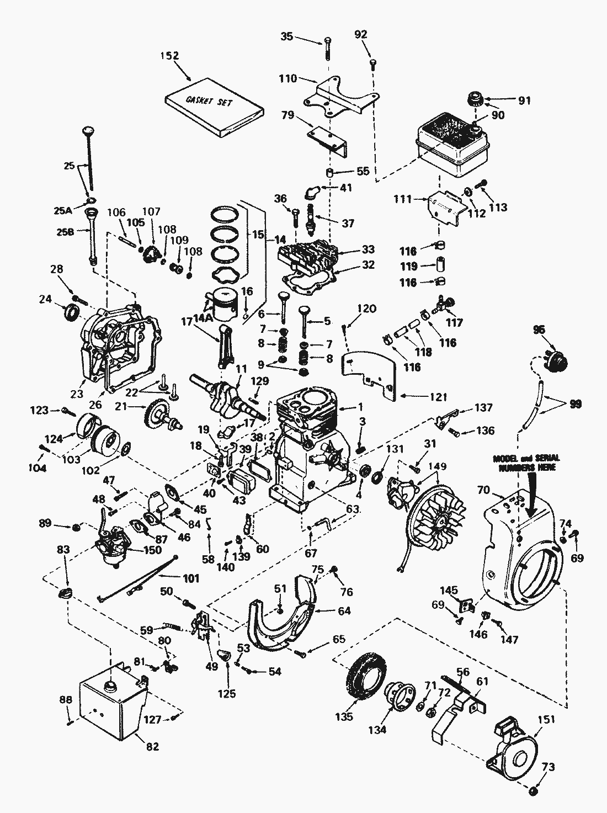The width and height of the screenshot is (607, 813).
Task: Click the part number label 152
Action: (x=169, y=56)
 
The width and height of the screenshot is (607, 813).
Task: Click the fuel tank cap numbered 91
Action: (x=475, y=99)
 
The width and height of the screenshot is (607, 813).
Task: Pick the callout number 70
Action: (x=482, y=488)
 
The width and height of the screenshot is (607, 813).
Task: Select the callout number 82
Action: (x=152, y=746)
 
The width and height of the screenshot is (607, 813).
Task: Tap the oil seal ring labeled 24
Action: (x=72, y=313)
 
